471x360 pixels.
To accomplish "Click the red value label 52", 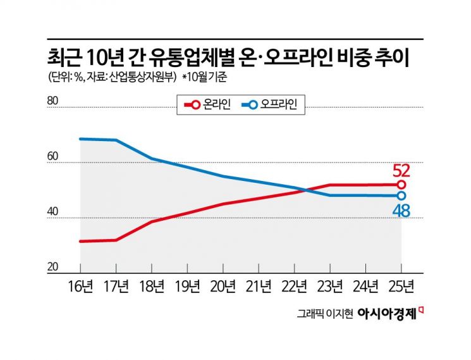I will pos(401,171).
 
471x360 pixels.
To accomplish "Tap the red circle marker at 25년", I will pos(401,185).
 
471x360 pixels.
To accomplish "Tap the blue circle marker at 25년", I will pos(401,196).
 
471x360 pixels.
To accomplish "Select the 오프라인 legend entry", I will pos(272,106).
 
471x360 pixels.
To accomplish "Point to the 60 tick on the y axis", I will pos(52,156).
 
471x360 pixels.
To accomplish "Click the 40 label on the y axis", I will pos(52,211).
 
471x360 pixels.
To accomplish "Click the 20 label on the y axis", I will pos(52,266).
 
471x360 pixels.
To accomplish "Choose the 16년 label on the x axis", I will pos(80,287).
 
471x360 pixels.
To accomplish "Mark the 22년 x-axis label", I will pos(294,287).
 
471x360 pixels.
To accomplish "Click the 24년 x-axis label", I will pos(365,287).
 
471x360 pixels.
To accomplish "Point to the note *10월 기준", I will pos(209,77).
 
